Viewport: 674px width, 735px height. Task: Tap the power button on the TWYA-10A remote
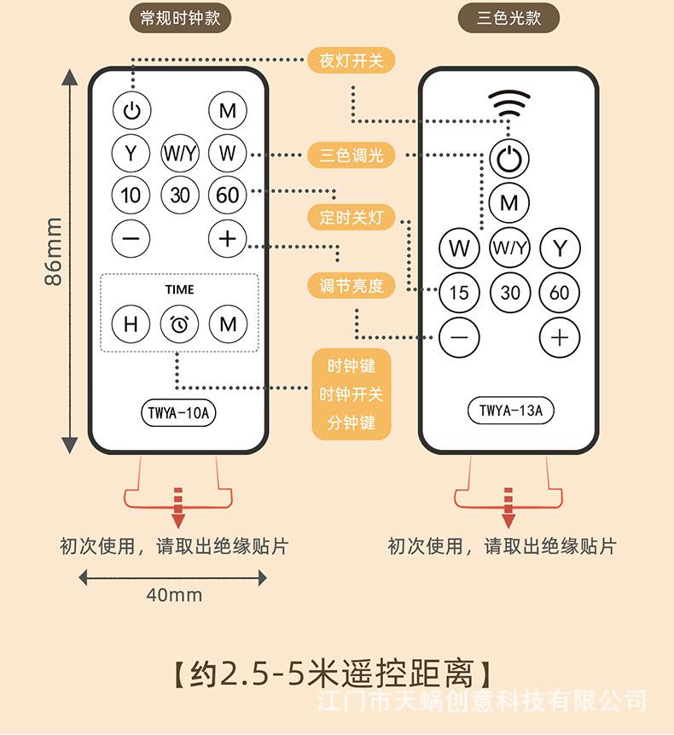pyautogui.click(x=131, y=111)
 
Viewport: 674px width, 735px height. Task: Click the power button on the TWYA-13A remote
pyautogui.click(x=509, y=159)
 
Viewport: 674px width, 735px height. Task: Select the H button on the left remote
pyautogui.click(x=131, y=324)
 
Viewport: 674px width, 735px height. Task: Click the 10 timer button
pyautogui.click(x=131, y=195)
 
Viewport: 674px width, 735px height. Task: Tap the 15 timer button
pyautogui.click(x=459, y=293)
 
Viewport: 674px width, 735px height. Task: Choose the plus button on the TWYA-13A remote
pyautogui.click(x=560, y=337)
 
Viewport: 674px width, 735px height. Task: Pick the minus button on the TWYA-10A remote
pyautogui.click(x=131, y=238)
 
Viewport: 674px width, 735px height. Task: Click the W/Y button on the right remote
pyautogui.click(x=509, y=248)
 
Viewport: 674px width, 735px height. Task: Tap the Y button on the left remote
pyautogui.click(x=131, y=153)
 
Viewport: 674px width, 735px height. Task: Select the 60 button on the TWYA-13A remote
pyautogui.click(x=560, y=293)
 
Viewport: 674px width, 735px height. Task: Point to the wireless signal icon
pyautogui.click(x=509, y=103)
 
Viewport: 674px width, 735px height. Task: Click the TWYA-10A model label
pyautogui.click(x=178, y=413)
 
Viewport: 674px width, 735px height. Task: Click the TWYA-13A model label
pyautogui.click(x=510, y=411)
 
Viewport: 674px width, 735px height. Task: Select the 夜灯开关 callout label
pyautogui.click(x=352, y=61)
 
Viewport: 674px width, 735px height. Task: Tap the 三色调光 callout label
pyautogui.click(x=352, y=155)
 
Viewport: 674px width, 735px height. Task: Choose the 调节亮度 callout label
pyautogui.click(x=352, y=285)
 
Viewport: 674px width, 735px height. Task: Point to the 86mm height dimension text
pyautogui.click(x=54, y=251)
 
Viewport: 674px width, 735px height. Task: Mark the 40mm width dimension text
pyautogui.click(x=174, y=595)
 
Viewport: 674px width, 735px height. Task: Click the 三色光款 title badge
pyautogui.click(x=508, y=18)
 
